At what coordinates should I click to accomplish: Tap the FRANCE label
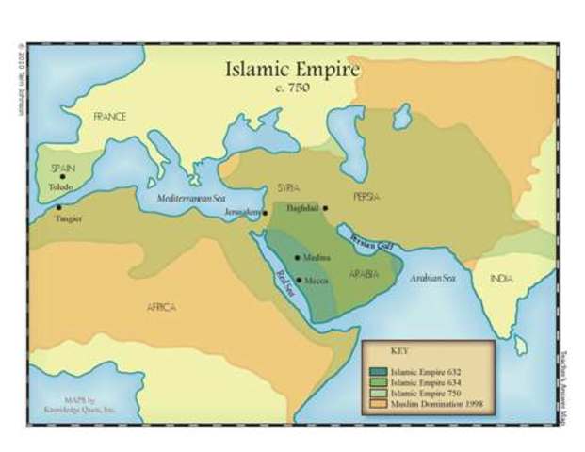click(x=109, y=117)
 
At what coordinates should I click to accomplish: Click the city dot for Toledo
click(x=63, y=176)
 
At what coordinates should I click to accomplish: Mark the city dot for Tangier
click(x=58, y=207)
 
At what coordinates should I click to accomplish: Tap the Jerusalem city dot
click(x=266, y=213)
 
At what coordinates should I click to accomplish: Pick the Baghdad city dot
click(x=325, y=207)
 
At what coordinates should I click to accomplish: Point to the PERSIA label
click(x=366, y=197)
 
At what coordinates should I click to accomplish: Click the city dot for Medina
click(x=298, y=257)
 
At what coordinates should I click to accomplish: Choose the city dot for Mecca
click(x=299, y=280)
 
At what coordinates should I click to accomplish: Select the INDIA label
click(x=501, y=279)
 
